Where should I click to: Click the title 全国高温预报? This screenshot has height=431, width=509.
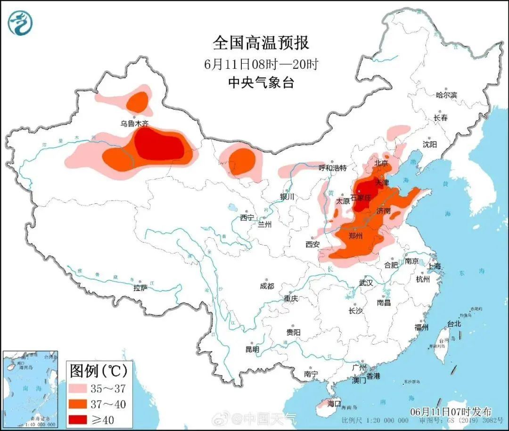pyautogui.click(x=261, y=43)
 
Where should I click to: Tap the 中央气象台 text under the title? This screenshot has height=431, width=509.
pyautogui.click(x=261, y=83)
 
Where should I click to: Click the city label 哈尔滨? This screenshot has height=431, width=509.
pyautogui.click(x=446, y=95)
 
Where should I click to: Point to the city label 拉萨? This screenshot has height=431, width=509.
pyautogui.click(x=140, y=287)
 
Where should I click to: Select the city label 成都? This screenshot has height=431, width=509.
pyautogui.click(x=266, y=286)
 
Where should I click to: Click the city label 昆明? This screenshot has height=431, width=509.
pyautogui.click(x=252, y=349)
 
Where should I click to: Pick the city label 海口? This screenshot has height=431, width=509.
pyautogui.click(x=334, y=404)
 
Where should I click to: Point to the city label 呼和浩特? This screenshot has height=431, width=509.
pyautogui.click(x=332, y=168)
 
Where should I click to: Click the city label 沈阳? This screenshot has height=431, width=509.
pyautogui.click(x=430, y=144)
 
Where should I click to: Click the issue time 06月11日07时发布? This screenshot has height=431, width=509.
pyautogui.click(x=451, y=411)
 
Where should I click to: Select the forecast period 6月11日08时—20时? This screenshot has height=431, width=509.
pyautogui.click(x=261, y=64)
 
